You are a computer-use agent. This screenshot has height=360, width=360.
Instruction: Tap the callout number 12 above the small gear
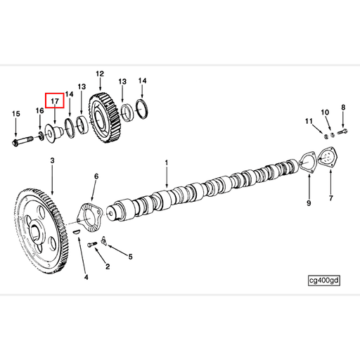pos(99,74)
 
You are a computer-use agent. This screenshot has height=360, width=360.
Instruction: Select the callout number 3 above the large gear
pos(52,162)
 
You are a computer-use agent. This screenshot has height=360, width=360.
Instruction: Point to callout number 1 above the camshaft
pos(167,163)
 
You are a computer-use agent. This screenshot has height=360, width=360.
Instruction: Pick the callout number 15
pos(15,113)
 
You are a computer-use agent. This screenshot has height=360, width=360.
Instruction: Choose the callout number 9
pos(308,203)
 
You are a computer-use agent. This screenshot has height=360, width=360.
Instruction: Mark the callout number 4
pos(86,277)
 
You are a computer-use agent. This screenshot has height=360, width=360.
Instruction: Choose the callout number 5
pos(129,257)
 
